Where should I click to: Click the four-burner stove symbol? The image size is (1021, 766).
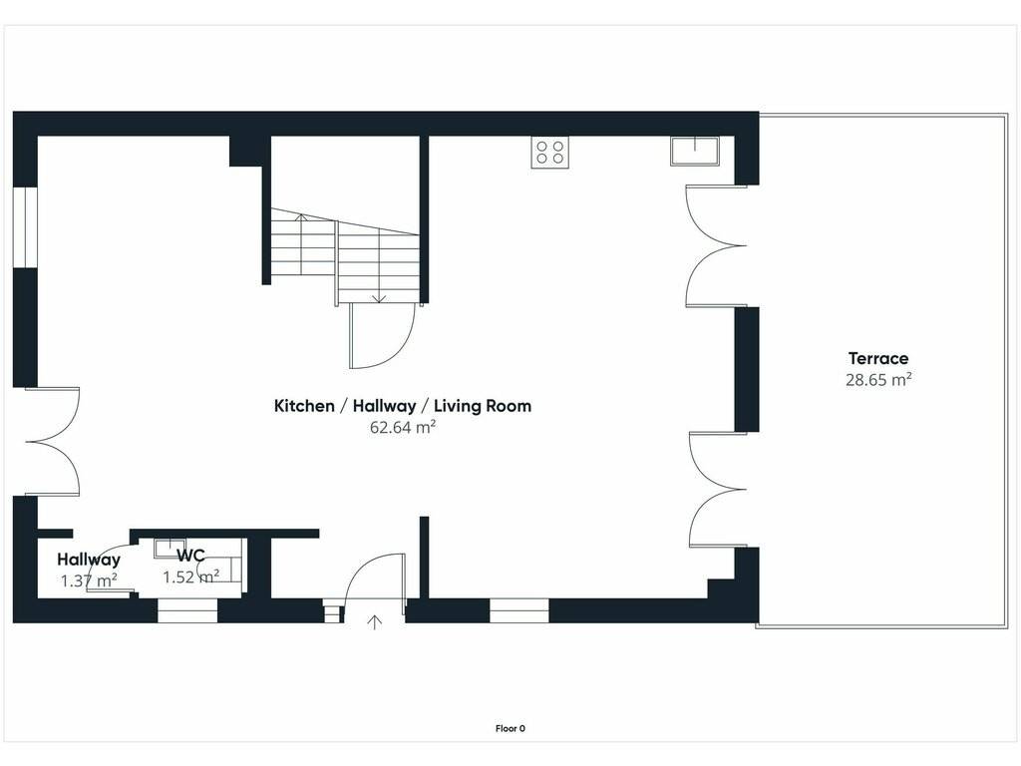point(549,153)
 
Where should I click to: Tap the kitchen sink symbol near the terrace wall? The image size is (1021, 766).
point(695,152)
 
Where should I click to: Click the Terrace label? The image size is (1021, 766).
point(878,358)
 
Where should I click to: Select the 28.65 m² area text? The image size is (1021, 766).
point(878,380)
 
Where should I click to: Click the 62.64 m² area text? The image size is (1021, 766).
point(403,427)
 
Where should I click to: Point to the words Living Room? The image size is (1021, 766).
point(483,406)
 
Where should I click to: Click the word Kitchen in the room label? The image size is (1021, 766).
point(304,406)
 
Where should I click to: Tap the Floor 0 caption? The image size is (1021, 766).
point(510,729)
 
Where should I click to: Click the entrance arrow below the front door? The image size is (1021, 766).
point(375,622)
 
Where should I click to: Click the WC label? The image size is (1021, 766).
point(190,556)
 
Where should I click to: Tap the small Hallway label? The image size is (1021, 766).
point(89,560)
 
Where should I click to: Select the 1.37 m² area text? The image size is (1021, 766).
point(89,580)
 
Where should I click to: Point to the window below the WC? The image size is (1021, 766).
point(186,611)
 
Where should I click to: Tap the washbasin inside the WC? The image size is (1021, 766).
point(170,548)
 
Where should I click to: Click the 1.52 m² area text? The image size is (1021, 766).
point(190,577)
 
